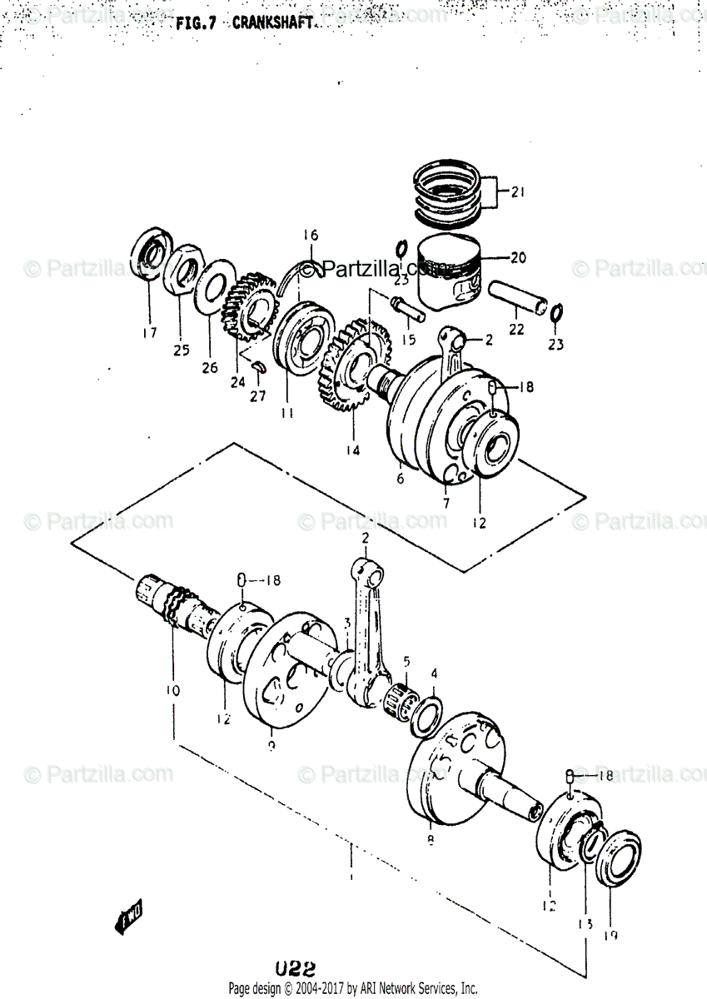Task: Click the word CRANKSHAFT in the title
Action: tap(273, 24)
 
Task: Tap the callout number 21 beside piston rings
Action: tap(517, 193)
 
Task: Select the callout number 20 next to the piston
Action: tap(517, 258)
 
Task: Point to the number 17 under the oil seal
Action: tap(148, 334)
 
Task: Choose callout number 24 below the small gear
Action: tap(238, 383)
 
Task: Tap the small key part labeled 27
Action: tap(259, 365)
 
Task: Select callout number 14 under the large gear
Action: tap(353, 450)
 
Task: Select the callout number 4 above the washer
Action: tap(433, 673)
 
